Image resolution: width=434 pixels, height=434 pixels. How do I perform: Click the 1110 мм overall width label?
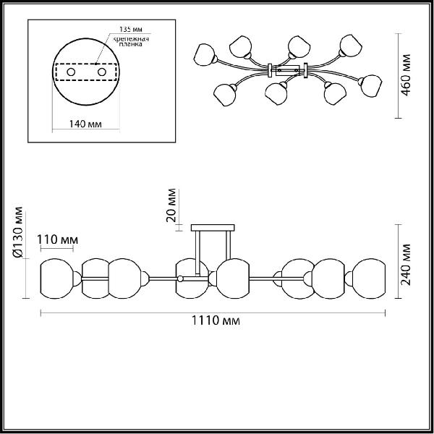tap(216, 320)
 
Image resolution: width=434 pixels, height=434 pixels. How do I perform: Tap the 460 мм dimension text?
tap(406, 75)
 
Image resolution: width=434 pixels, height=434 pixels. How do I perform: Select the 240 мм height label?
tap(406, 265)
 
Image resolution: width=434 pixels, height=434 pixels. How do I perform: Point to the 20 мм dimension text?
tap(171, 205)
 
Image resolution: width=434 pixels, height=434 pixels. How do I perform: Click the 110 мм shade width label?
tap(58, 239)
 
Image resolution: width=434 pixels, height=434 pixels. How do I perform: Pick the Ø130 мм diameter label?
tap(19, 232)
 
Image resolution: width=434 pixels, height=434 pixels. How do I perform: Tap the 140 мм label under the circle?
tap(85, 124)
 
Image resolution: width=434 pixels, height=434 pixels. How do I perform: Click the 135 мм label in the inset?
tap(131, 29)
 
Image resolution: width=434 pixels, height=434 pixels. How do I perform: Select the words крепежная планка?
tap(132, 41)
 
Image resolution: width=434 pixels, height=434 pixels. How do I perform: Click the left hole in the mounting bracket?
tap(71, 72)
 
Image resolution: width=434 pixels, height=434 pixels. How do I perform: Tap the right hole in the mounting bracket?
tap(102, 72)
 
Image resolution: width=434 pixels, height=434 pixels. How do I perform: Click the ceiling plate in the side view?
tap(213, 228)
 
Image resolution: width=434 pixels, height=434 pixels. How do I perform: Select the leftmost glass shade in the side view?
tap(56, 278)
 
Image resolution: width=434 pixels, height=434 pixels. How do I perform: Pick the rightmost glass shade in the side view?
tap(369, 278)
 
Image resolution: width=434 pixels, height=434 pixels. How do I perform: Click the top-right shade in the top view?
tap(351, 46)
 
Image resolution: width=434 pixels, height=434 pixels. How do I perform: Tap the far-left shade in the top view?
tap(205, 55)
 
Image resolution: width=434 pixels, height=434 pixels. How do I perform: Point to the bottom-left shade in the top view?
tap(225, 95)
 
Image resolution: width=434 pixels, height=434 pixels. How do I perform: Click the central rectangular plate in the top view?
tap(288, 70)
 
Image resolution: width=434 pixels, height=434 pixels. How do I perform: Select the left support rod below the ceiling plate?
tap(197, 253)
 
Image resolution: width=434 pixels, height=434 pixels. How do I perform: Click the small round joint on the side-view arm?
tap(180, 278)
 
